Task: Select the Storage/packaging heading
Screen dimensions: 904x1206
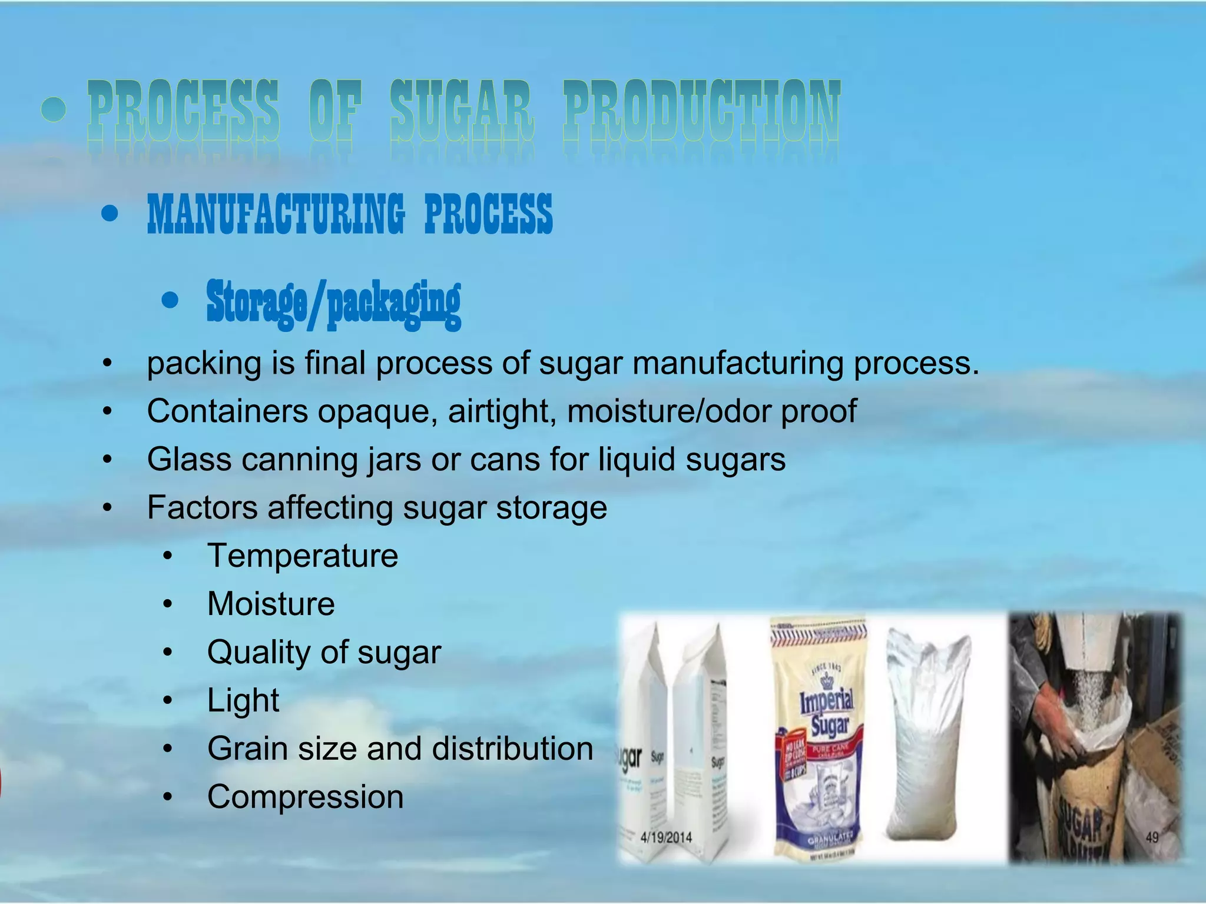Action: coord(333,303)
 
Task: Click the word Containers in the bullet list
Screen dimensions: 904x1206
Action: coord(227,411)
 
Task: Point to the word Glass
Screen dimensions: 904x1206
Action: coord(188,459)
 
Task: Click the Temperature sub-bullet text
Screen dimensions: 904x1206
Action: coord(303,556)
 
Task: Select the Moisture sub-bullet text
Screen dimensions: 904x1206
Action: coord(271,604)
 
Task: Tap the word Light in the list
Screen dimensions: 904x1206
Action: coord(243,700)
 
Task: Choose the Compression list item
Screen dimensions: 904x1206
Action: coord(305,797)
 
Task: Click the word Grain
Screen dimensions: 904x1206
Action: coord(247,749)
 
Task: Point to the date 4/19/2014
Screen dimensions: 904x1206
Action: coord(666,837)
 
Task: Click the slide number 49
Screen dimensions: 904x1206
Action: coord(1152,837)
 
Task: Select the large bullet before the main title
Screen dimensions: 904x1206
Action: coord(54,109)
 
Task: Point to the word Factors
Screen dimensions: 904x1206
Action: coord(202,507)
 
